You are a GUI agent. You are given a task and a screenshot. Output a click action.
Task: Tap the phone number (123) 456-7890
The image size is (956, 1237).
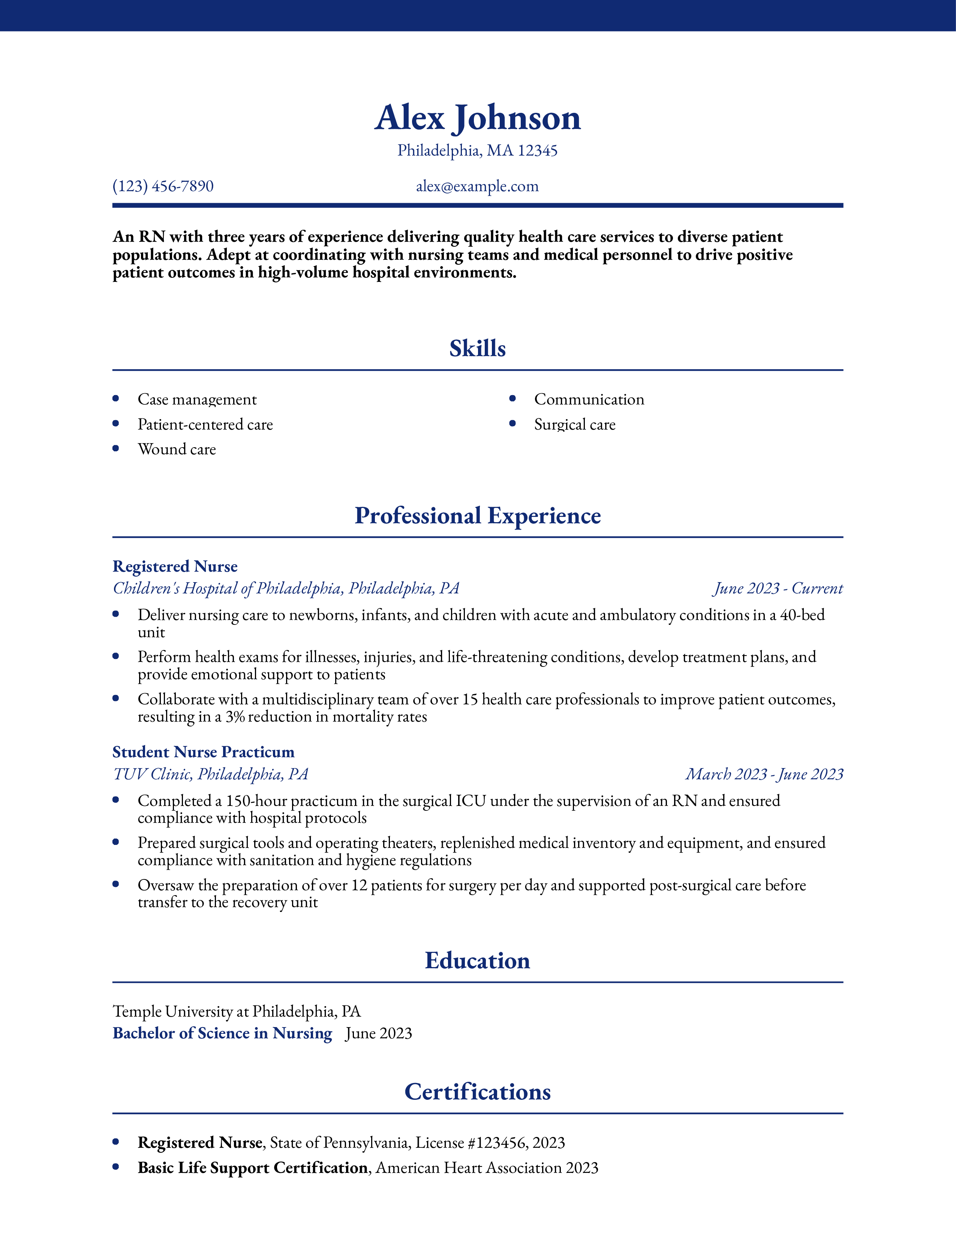point(163,186)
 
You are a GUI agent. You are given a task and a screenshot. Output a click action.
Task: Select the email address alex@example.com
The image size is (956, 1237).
point(477,186)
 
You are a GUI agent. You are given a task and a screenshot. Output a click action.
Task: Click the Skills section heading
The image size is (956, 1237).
point(477,348)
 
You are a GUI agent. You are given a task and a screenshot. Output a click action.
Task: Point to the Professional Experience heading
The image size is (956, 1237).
point(477,515)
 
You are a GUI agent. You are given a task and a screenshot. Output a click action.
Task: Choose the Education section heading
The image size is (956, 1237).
point(477,961)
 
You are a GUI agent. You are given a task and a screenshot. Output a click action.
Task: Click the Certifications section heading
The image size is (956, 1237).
point(477,1092)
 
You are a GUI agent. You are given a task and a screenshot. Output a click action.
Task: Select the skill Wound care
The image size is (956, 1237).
point(177,449)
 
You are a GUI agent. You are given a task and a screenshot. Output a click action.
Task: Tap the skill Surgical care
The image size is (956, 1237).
point(574,424)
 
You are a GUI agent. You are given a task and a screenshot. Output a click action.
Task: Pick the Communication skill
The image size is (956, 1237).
point(589,399)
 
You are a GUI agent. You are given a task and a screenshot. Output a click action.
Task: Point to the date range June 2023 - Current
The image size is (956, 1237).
point(778,589)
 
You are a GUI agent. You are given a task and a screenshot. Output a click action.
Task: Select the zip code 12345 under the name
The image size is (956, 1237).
point(538,151)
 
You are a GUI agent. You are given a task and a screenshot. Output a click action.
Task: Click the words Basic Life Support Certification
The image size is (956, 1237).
point(253,1168)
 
